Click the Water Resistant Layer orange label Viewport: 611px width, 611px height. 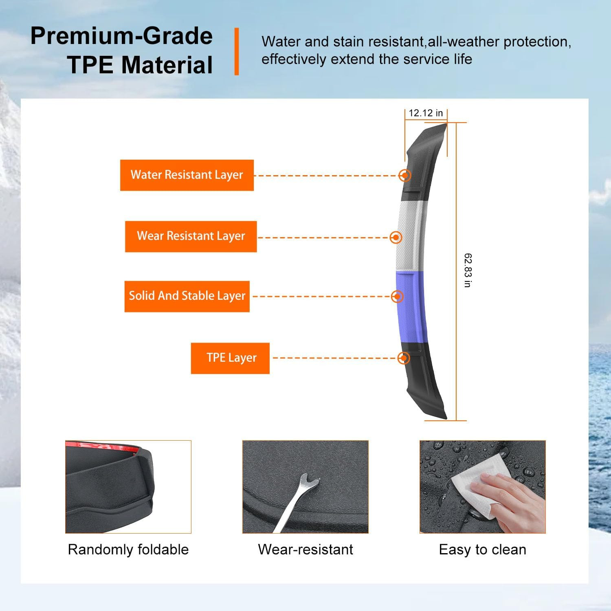point(187,175)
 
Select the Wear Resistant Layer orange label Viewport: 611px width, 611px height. point(191,236)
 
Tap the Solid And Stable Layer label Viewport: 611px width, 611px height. point(187,296)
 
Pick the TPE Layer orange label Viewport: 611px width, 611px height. point(230,358)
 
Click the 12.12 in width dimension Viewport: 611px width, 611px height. point(426,113)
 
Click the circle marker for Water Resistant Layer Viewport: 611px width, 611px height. point(404,175)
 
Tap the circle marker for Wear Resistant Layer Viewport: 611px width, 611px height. point(396,237)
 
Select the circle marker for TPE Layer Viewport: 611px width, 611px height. point(403,358)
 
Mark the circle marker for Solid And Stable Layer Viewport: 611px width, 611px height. point(397,296)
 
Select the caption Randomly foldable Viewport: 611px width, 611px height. point(128,549)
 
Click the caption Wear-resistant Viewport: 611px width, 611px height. point(305,549)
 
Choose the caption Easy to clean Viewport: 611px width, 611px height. point(483,549)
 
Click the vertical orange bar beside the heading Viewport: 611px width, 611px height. point(237,51)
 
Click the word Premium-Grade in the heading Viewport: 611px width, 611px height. point(121,36)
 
